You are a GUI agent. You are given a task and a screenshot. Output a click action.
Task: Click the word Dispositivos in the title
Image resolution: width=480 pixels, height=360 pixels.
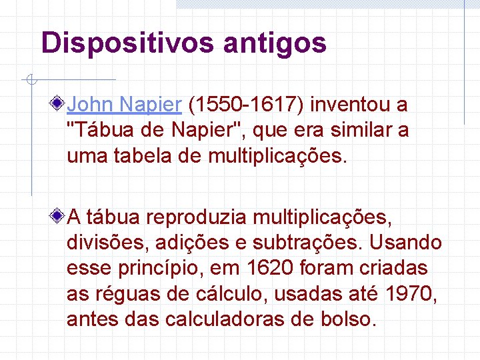coord(127,43)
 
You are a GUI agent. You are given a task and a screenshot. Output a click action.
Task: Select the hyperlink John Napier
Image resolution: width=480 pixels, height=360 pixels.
coord(125,105)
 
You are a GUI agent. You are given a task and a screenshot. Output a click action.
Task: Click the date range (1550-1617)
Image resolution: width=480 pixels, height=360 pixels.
coord(247,105)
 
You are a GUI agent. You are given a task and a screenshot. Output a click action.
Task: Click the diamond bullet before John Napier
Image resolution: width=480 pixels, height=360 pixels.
coord(60,105)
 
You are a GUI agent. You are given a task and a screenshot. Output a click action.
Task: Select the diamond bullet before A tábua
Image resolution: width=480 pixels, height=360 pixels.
coord(60,217)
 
